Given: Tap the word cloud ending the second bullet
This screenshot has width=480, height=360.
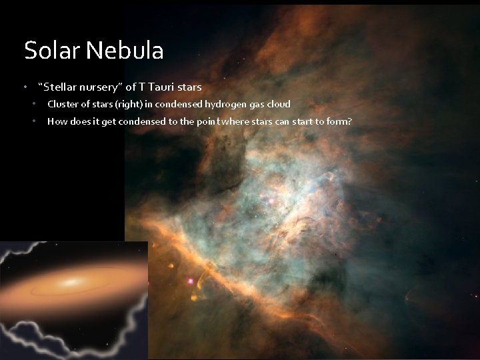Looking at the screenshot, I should pos(278,104).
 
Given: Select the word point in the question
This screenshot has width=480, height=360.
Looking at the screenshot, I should pos(199,121).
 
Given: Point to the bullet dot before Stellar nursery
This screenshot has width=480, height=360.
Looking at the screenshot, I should pos(24,87).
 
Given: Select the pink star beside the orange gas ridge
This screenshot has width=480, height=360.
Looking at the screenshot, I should pos(191,281).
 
